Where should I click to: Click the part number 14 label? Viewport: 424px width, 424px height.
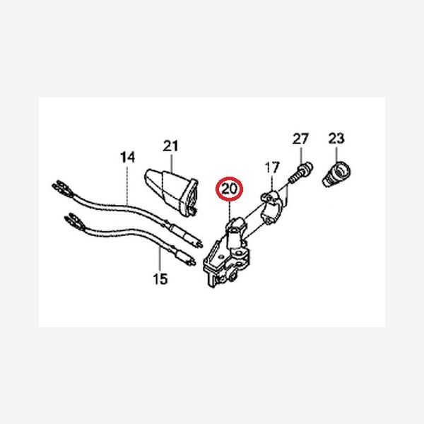[x=127, y=157]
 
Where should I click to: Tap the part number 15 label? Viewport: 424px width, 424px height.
[x=160, y=279]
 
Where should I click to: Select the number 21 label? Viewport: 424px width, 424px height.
[x=170, y=146]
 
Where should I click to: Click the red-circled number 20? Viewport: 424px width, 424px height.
[x=229, y=189]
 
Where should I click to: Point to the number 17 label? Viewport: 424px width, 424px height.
[x=272, y=167]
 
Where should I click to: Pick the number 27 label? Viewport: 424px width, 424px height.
[x=300, y=139]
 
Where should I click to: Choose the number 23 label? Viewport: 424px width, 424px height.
[x=336, y=139]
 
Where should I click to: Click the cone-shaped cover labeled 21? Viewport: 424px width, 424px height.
[x=172, y=192]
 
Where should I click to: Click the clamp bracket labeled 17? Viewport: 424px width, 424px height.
[x=271, y=207]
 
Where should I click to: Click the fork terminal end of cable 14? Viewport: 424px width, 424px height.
[x=61, y=188]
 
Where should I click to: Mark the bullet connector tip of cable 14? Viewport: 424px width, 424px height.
[x=199, y=244]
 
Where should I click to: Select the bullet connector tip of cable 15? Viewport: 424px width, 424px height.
[x=192, y=261]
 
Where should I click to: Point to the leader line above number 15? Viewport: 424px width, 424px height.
[x=160, y=259]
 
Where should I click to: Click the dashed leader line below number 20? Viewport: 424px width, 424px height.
[x=229, y=210]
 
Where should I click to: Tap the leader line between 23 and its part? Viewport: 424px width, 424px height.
[x=336, y=153]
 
